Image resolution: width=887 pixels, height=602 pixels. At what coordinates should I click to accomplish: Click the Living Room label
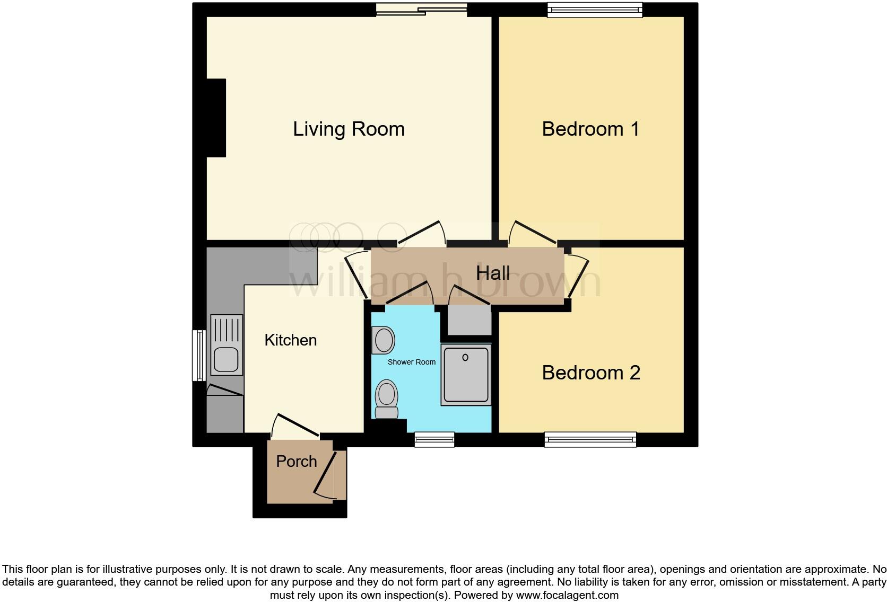tap(349, 129)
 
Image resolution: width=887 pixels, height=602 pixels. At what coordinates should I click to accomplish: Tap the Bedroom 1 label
tap(590, 129)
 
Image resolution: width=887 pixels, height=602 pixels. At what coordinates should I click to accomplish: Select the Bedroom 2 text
tap(591, 373)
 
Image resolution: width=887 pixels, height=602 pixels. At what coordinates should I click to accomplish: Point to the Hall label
tap(493, 273)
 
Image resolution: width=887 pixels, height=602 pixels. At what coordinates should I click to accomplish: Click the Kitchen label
tap(290, 340)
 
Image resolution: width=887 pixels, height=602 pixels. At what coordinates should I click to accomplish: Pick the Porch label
tap(296, 461)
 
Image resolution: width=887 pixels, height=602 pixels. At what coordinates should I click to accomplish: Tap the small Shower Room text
tap(411, 362)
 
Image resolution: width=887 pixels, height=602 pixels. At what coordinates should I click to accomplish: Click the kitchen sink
tap(226, 359)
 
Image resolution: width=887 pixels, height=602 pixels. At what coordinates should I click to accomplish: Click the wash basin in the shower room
tap(383, 340)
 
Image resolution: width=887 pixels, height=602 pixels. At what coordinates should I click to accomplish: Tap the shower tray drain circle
tap(465, 358)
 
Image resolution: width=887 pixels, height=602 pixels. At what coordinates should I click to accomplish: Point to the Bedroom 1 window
tap(595, 9)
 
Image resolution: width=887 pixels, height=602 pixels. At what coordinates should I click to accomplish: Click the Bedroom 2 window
tap(590, 439)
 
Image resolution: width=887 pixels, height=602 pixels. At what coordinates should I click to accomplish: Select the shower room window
tap(434, 439)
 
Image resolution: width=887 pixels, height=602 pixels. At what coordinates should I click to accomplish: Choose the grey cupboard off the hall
tap(469, 320)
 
